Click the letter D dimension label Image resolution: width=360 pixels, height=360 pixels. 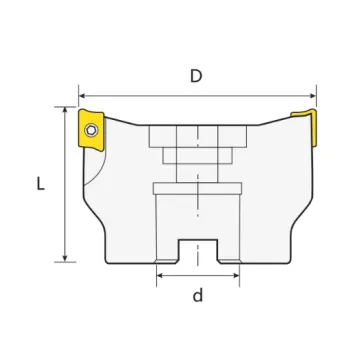pyautogui.click(x=196, y=76)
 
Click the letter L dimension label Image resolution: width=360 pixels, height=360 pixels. pyautogui.click(x=40, y=184)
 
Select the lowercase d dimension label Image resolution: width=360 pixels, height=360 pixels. pyautogui.click(x=198, y=295)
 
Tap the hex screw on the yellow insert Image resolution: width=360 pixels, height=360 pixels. pyautogui.click(x=91, y=130)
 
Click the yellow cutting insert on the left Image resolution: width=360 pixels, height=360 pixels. pyautogui.click(x=91, y=130)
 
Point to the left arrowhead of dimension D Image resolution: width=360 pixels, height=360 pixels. pyautogui.click(x=82, y=96)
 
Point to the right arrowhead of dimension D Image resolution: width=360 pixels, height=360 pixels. pyautogui.click(x=312, y=96)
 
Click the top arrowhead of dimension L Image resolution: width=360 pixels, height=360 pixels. pyautogui.click(x=65, y=111)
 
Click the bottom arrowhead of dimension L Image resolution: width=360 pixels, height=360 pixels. pyautogui.click(x=65, y=258)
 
